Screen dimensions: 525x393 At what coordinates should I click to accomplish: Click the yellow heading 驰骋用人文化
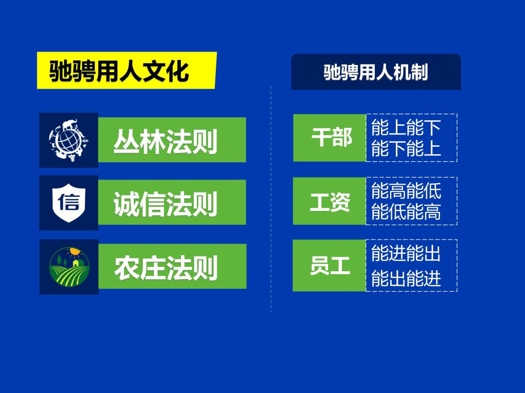coord(127,71)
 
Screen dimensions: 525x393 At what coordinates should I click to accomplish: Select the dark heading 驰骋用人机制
coord(376,72)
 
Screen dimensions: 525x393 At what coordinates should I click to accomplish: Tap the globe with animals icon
coord(69,140)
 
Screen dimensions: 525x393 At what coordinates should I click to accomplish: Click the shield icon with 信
coord(69,203)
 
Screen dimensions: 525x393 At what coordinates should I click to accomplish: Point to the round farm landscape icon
coord(69,267)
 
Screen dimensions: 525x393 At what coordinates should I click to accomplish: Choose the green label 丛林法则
coord(172,140)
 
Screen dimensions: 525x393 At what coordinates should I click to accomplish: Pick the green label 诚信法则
coord(172,202)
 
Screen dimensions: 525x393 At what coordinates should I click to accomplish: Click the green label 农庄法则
coord(172,266)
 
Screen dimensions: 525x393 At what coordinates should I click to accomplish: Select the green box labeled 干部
coord(330,138)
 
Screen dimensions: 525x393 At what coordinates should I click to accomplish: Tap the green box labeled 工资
coord(330,201)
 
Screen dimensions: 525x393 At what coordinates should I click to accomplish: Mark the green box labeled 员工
coord(329,266)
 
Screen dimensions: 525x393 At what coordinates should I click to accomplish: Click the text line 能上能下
coord(406,127)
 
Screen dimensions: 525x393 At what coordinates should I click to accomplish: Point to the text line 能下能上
coord(406,148)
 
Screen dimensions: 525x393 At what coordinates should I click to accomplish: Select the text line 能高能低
coord(406,190)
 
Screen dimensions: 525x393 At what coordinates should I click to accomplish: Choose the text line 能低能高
coord(406,211)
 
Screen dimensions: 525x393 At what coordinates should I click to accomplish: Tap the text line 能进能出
coord(406,253)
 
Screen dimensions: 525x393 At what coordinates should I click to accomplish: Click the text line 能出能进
coord(406,278)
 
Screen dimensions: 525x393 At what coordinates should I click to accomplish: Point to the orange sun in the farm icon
coord(74,251)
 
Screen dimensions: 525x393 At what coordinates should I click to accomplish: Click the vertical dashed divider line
coord(271,199)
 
